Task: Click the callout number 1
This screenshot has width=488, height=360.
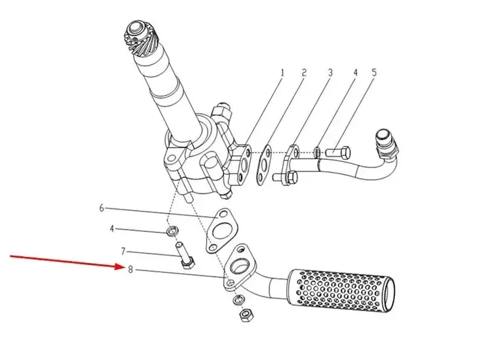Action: tap(282, 73)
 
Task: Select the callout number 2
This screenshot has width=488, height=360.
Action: tap(304, 72)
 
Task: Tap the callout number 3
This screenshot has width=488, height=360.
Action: tap(330, 72)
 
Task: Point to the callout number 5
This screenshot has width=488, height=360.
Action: tap(374, 72)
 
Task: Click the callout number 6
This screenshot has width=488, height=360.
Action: tap(102, 207)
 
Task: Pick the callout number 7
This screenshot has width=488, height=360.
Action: tap(123, 251)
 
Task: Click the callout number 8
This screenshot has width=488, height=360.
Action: tap(130, 269)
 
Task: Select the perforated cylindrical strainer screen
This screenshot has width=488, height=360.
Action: tap(341, 290)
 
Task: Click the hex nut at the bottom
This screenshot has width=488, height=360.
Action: tap(246, 316)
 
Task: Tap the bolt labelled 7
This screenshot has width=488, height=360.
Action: tap(185, 256)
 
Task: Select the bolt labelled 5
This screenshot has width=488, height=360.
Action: tap(338, 153)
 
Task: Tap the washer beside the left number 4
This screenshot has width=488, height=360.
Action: tap(172, 231)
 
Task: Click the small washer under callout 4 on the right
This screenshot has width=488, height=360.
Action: tap(318, 151)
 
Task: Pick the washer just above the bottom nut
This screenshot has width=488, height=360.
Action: tap(239, 300)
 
